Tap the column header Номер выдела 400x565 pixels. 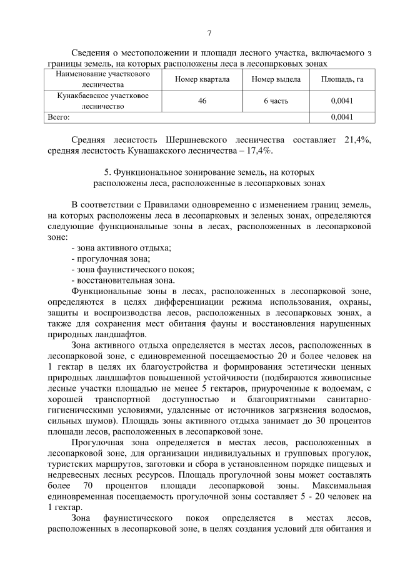(x=276, y=79)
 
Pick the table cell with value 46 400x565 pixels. (x=202, y=101)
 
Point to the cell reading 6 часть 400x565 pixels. (x=276, y=101)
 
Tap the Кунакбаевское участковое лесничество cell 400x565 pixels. (x=103, y=101)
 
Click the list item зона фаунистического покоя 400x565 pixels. (x=132, y=269)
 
